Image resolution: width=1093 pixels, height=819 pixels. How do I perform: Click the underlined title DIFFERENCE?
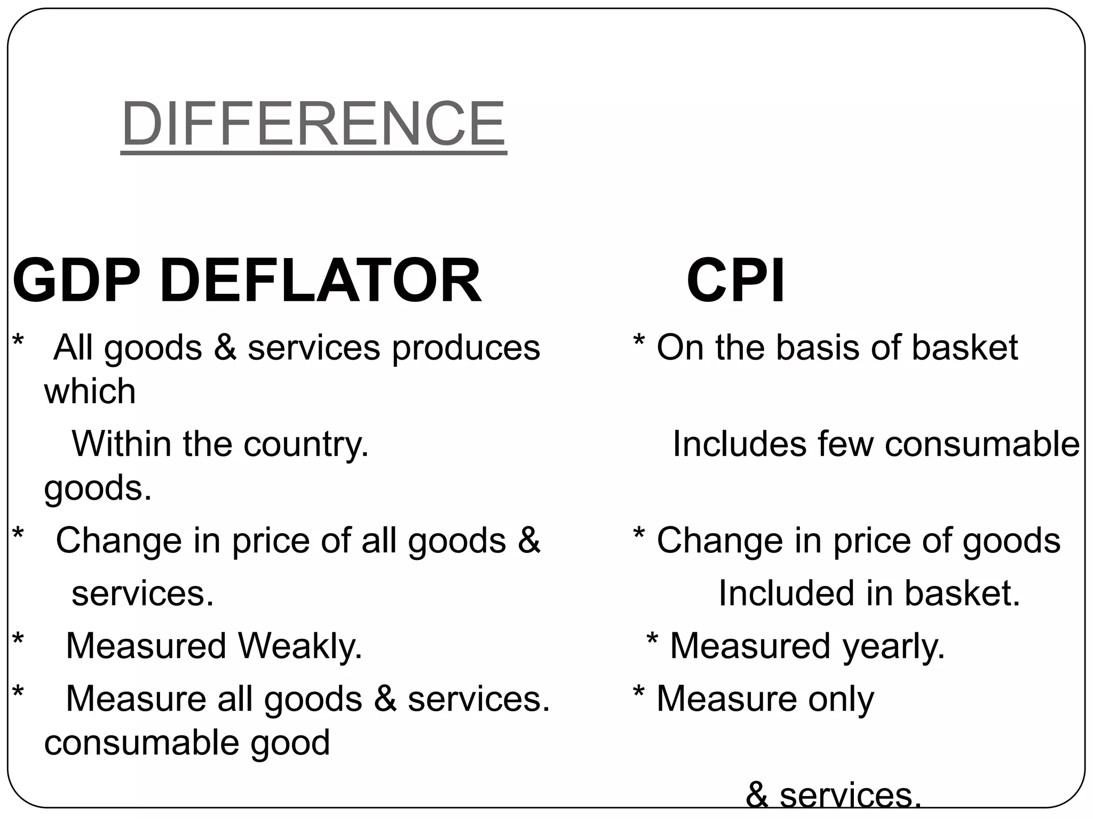[x=313, y=124]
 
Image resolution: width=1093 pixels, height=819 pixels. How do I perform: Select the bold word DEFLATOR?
[x=320, y=280]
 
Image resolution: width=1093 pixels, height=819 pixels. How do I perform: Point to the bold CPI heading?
[x=735, y=280]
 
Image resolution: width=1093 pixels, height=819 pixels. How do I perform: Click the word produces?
[x=466, y=348]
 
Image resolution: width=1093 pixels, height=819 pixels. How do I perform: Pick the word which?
[x=90, y=391]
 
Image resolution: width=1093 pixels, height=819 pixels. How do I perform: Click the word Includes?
[x=739, y=444]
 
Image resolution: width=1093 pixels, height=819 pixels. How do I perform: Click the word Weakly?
[x=300, y=646]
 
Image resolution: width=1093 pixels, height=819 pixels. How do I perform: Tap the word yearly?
[x=893, y=646]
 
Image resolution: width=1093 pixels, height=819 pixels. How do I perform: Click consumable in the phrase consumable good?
[x=141, y=743]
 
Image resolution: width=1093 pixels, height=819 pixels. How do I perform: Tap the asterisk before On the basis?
[x=638, y=341]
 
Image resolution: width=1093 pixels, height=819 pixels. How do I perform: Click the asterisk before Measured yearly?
[x=652, y=640]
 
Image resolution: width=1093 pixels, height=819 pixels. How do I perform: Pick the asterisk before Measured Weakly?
[x=18, y=640]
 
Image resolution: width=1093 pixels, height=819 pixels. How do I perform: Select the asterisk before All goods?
[x=18, y=341]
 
